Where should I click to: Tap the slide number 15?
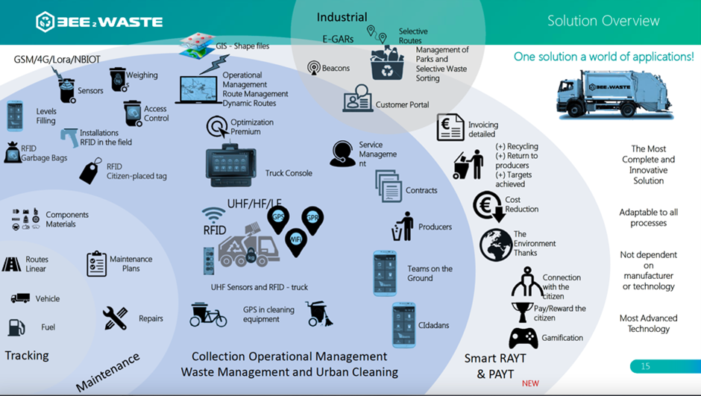point(646,366)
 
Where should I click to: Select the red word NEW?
point(530,383)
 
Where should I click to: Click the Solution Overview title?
point(603,20)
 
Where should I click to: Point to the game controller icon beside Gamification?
point(524,338)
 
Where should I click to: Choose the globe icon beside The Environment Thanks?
point(495,244)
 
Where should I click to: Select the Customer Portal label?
point(402,105)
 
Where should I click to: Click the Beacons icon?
point(314,68)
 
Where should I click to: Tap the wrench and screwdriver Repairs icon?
point(116,318)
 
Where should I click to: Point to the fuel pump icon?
point(16,327)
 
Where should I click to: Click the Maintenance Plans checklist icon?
point(96,263)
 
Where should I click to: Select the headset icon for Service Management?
point(342,154)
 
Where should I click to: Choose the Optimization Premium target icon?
point(217,128)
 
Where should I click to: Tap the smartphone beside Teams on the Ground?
point(385,274)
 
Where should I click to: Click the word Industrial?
point(342,16)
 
